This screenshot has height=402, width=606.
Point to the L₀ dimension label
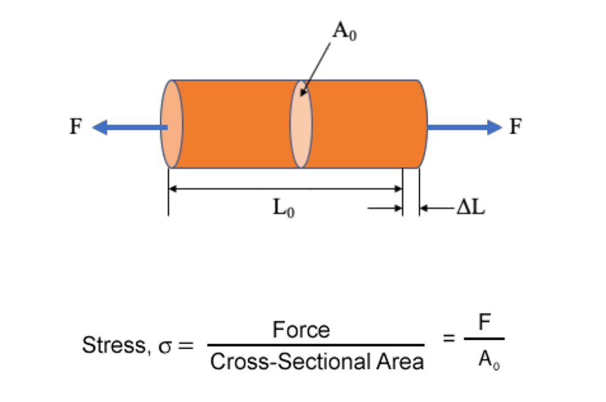[x=283, y=208]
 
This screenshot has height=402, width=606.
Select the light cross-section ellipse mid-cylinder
[x=301, y=124]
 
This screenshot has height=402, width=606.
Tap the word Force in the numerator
[x=301, y=331]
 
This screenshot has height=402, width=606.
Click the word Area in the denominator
[x=398, y=362]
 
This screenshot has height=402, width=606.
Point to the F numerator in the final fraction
[x=484, y=325]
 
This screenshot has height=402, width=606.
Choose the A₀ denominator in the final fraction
[x=484, y=362]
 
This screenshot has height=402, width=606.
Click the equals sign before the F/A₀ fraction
[x=449, y=337]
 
